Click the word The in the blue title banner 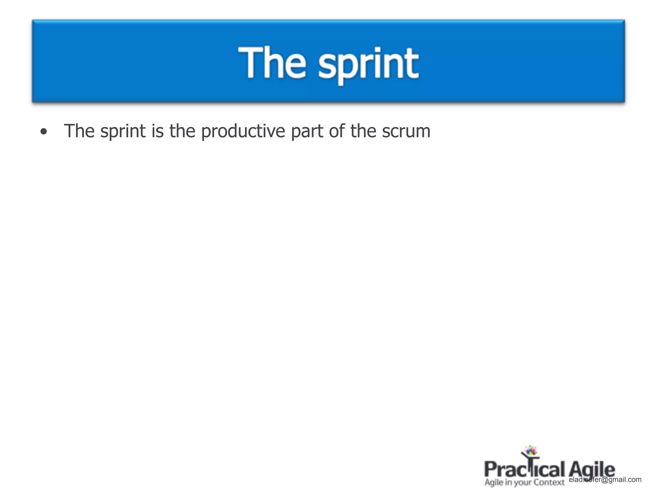pyautogui.click(x=272, y=62)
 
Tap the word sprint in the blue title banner pyautogui.click(x=369, y=64)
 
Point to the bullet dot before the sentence pyautogui.click(x=44, y=132)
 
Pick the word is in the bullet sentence pyautogui.click(x=157, y=131)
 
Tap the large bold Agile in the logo pyautogui.click(x=591, y=469)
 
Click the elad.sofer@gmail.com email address pyautogui.click(x=605, y=480)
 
